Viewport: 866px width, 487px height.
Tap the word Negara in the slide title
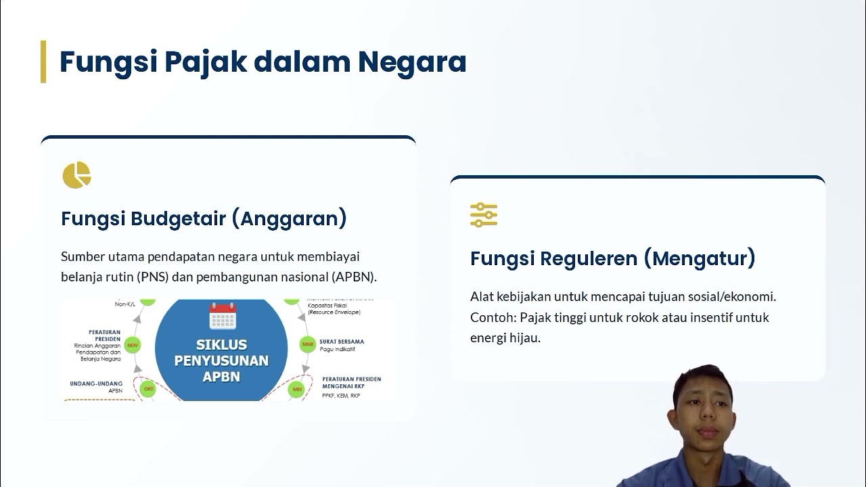tap(412, 62)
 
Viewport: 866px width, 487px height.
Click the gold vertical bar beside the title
tap(43, 62)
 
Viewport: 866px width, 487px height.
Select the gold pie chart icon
tap(76, 175)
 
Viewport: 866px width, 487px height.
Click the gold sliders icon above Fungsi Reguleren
tap(484, 214)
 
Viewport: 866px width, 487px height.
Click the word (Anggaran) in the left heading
tap(293, 218)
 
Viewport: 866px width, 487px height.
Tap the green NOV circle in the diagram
tap(133, 345)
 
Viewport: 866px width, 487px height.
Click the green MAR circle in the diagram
tap(308, 344)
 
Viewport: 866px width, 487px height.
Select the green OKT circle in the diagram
tap(148, 389)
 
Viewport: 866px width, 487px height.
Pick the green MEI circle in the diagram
tap(297, 390)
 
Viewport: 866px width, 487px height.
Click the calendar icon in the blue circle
tap(222, 316)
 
